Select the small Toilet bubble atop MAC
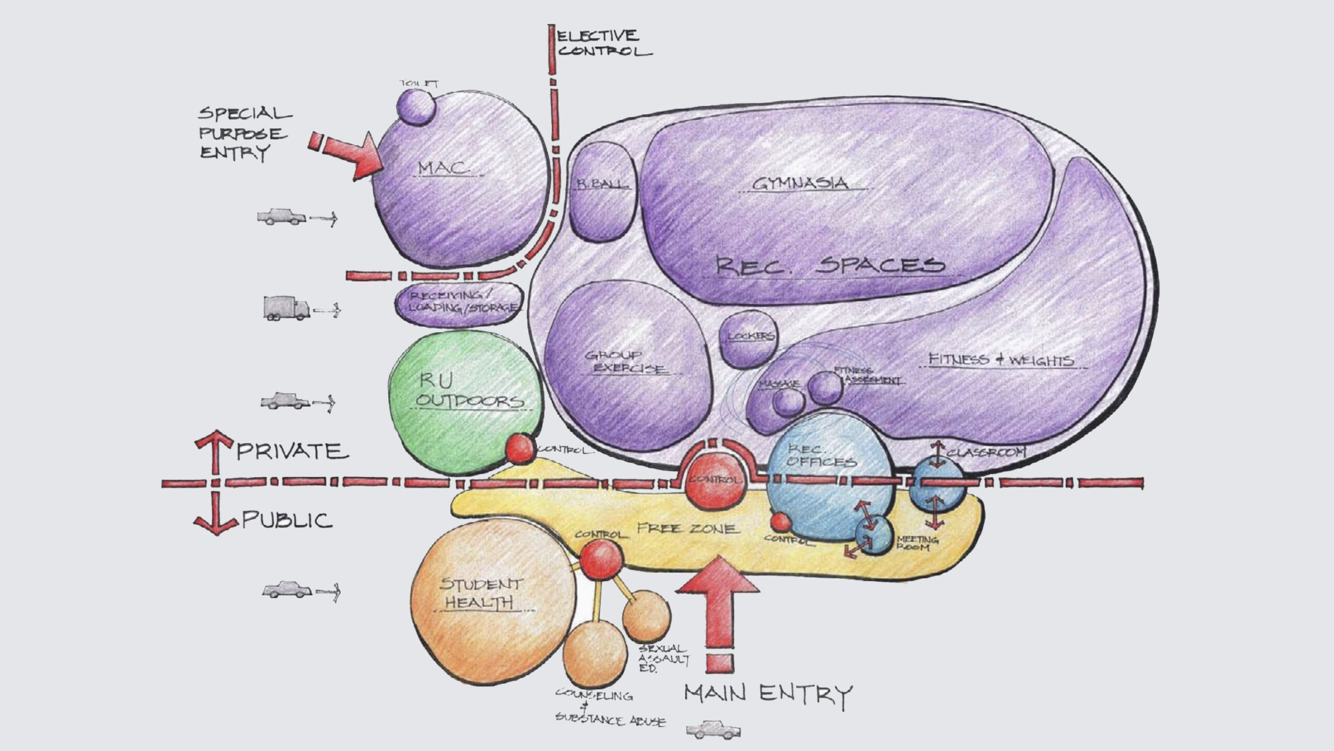point(415,106)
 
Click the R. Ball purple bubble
point(602,191)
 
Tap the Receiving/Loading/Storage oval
point(459,305)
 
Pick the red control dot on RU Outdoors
point(520,449)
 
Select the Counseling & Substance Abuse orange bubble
point(594,655)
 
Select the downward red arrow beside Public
point(215,516)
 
